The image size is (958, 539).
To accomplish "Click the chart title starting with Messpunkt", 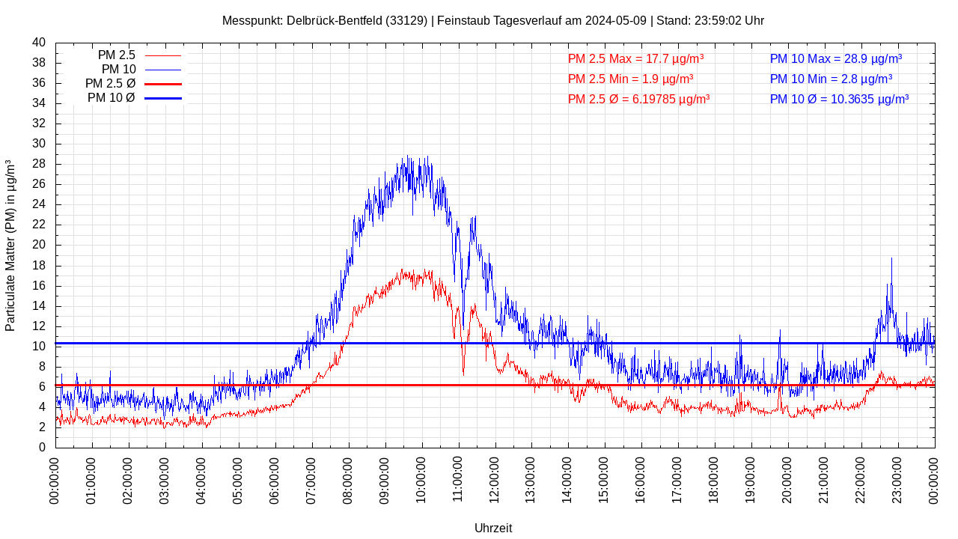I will point(492,20).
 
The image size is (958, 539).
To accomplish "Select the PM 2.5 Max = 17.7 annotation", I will point(635,58).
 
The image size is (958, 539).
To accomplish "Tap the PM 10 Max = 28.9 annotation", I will point(835,58).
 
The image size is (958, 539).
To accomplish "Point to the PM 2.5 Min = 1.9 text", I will point(630,79).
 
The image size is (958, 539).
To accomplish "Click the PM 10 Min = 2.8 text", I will point(831,79).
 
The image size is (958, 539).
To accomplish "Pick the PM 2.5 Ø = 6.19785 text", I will point(638,99).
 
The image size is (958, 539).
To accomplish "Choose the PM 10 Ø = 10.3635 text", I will point(839,99).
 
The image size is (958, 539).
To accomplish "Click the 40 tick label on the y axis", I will point(39,43).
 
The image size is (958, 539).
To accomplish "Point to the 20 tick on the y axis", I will point(39,245).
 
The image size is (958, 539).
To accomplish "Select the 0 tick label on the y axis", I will point(42,447).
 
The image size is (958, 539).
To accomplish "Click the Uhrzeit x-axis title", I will point(493,528).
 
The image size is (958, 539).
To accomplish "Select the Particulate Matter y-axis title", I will point(10,245).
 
